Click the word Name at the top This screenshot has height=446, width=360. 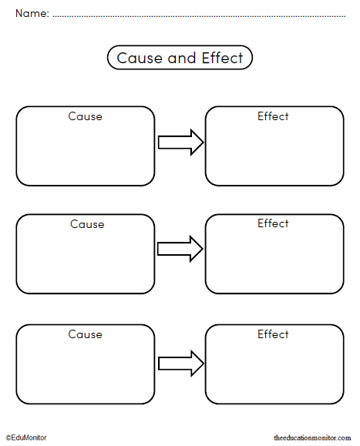pos(31,13)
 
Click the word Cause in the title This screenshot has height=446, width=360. pos(136,58)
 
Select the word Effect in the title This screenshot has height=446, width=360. pos(221,58)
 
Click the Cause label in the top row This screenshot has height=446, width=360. pos(85,117)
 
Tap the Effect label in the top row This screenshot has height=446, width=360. pos(273,116)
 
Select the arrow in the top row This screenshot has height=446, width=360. pos(180,142)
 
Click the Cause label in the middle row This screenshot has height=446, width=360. pos(86,224)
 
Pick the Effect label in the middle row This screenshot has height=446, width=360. pos(273,223)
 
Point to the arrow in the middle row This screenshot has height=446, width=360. pos(180,249)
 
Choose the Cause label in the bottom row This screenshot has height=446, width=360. pos(85,334)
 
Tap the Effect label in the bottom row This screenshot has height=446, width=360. pos(273,334)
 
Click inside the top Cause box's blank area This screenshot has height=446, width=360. pos(85,154)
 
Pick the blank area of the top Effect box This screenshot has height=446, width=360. pos(274,154)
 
